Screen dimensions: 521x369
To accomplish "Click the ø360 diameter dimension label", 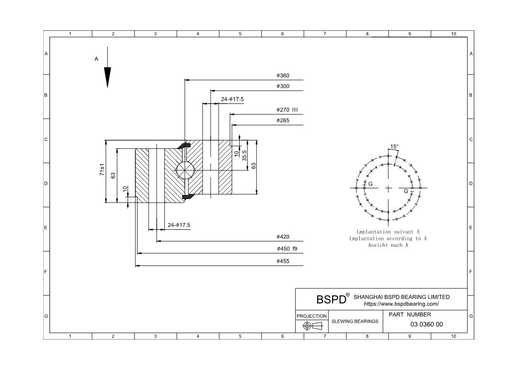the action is [283, 75].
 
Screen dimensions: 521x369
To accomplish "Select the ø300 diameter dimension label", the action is [283, 86].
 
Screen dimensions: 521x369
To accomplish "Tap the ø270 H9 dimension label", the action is [287, 110].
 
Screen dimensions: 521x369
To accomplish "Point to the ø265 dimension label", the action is [283, 120].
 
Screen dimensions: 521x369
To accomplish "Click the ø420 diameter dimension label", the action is [283, 237].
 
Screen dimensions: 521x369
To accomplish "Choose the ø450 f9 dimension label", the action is [287, 249].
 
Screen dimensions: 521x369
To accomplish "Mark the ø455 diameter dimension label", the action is [283, 261].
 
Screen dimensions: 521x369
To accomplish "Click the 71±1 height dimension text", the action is [102, 170].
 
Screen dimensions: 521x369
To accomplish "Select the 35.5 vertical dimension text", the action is [244, 156].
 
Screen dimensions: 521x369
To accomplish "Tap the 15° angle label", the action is [394, 146].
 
